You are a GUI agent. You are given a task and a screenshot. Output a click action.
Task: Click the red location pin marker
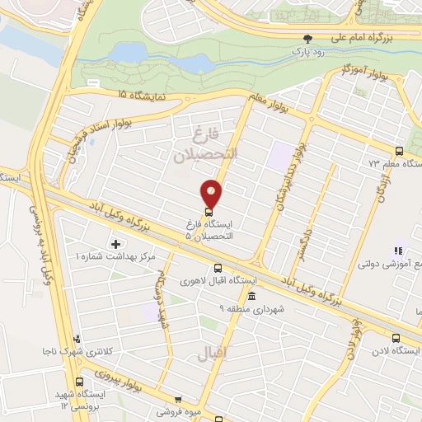[x=212, y=192]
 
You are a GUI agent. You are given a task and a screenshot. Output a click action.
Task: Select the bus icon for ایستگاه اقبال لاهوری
[x=218, y=268]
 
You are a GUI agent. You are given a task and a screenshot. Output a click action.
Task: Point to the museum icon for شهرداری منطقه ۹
[x=251, y=296]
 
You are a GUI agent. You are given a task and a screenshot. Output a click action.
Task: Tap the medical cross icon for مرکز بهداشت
[x=115, y=244]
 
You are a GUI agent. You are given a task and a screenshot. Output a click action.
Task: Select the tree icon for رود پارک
[x=308, y=39]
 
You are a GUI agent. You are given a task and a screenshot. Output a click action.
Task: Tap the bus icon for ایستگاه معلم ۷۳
[x=400, y=151]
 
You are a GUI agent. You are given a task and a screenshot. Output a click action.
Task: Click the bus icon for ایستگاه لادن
[x=396, y=338]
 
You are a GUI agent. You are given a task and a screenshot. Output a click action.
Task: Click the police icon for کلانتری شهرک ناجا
[x=77, y=338]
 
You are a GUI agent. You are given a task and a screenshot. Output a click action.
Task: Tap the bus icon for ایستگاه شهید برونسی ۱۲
[x=80, y=382]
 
